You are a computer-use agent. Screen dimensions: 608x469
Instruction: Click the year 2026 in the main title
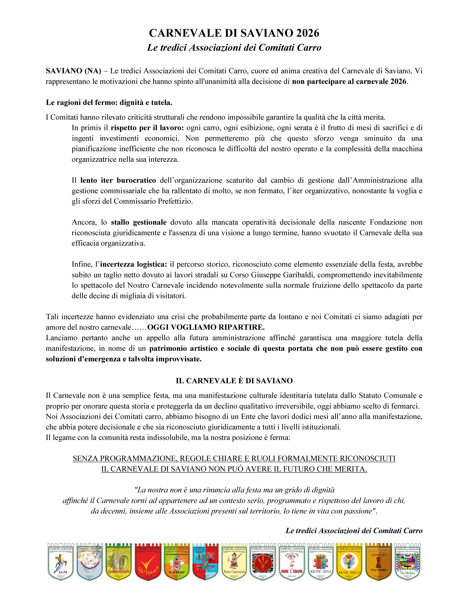[x=308, y=33]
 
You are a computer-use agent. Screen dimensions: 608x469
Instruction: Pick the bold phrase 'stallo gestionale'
[x=139, y=222]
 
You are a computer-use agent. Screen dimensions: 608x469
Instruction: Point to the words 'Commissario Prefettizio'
[x=153, y=201]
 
